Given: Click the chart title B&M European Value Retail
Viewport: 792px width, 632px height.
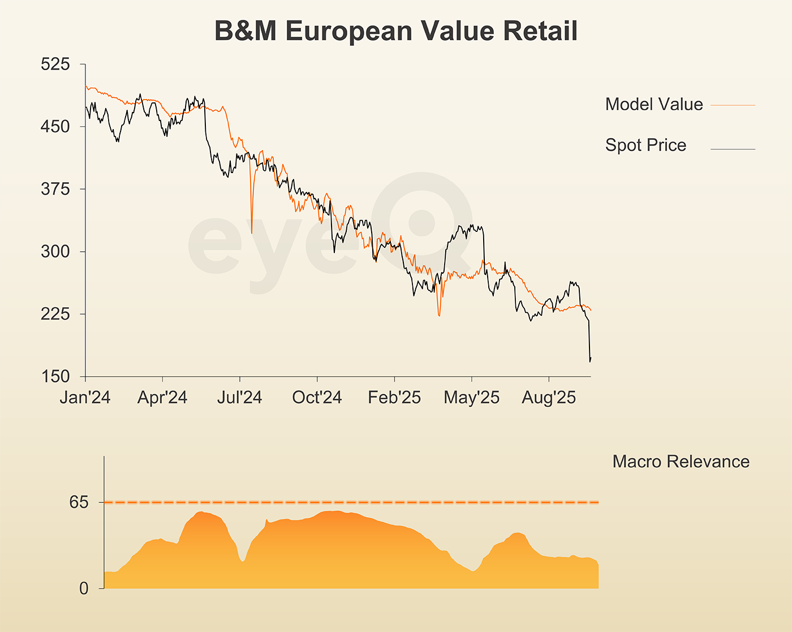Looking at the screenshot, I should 396,31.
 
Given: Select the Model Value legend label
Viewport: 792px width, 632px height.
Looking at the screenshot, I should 654,104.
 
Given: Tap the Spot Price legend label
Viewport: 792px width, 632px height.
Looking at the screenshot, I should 645,145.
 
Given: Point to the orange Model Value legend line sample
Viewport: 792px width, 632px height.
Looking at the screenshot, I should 733,105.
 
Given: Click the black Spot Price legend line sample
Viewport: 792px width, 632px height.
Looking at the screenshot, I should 733,149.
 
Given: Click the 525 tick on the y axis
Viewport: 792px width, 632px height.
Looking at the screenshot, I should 55,64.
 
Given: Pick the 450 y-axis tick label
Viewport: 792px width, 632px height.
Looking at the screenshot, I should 55,126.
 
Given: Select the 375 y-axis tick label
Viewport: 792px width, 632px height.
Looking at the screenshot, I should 55,188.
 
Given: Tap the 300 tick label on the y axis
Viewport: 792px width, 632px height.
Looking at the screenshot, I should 55,251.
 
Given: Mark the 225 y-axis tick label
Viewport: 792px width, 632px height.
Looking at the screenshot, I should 55,313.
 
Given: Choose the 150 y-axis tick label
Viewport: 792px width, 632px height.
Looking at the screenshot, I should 55,376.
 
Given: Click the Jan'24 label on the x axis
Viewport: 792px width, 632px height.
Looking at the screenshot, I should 85,397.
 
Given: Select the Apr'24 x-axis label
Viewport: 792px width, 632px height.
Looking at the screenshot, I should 162,397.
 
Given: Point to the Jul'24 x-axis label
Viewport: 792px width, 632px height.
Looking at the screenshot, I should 239,397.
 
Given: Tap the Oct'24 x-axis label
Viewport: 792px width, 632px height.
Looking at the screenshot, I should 317,397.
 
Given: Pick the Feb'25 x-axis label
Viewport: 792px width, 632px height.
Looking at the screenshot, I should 394,397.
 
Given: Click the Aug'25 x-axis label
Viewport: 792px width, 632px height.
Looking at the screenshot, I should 549,397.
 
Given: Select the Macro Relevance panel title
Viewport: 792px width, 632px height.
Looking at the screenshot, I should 681,462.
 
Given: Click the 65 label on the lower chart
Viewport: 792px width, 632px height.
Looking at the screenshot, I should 79,502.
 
